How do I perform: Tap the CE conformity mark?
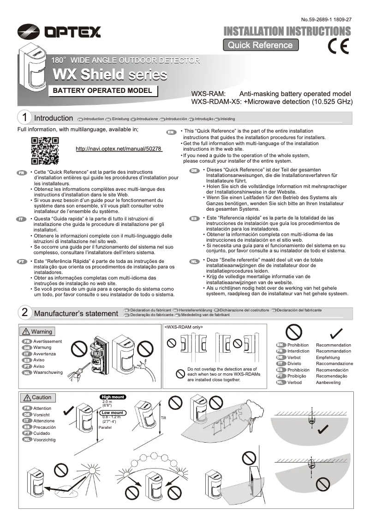338,46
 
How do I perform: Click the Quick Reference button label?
260,45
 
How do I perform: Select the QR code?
44,151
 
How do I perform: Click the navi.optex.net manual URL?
119,149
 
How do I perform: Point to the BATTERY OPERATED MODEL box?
102,91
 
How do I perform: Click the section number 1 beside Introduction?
24,118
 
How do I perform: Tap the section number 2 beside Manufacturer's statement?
24,313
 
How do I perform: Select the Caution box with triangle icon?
37,397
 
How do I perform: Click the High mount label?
113,396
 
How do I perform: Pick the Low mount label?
113,413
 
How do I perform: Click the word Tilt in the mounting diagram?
163,418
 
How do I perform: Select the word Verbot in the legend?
294,358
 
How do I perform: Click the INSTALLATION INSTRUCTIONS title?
287,31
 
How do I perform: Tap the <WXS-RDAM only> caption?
184,327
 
